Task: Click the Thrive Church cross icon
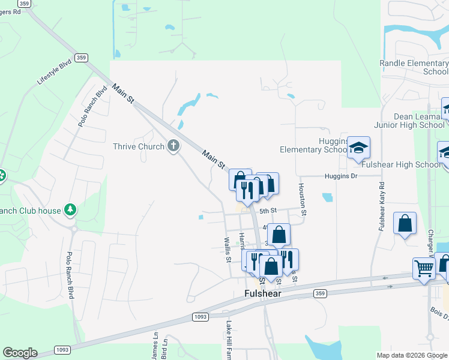[173, 146]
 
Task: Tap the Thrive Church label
[139, 146]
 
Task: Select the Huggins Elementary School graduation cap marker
[359, 148]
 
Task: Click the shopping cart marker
[424, 269]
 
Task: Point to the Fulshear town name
[264, 293]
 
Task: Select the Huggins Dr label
[341, 176]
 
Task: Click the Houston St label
[304, 200]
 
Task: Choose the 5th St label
[268, 211]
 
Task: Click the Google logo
[20, 353]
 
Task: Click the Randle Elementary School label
[414, 67]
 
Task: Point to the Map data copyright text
[411, 355]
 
